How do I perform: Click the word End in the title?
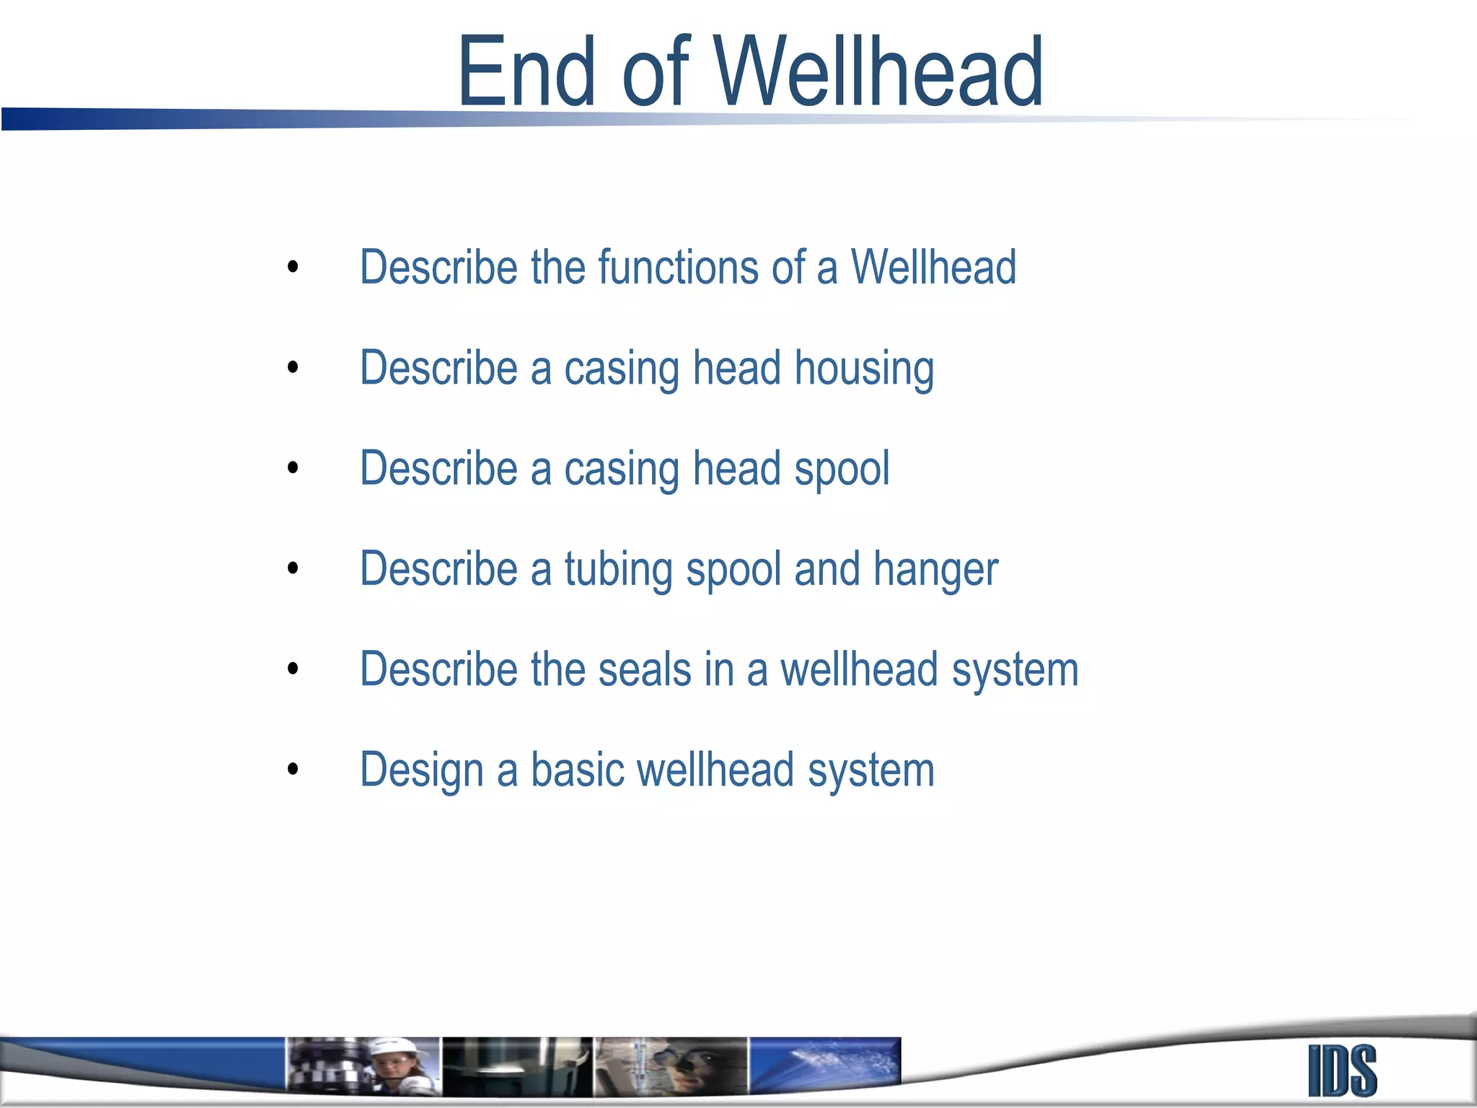(x=526, y=72)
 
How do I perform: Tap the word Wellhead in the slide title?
(x=879, y=72)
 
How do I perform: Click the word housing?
(x=864, y=369)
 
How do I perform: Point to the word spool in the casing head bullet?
(x=842, y=470)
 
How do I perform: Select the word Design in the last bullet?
(x=421, y=771)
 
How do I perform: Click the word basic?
(x=577, y=770)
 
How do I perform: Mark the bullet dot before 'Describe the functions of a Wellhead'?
(x=292, y=267)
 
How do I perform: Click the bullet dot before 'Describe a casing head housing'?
(x=292, y=367)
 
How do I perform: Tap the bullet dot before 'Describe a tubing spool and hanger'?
(x=292, y=568)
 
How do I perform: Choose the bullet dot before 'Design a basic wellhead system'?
(x=292, y=769)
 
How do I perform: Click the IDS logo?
(x=1342, y=1070)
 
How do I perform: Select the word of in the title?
(x=656, y=72)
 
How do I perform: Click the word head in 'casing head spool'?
(x=736, y=468)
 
